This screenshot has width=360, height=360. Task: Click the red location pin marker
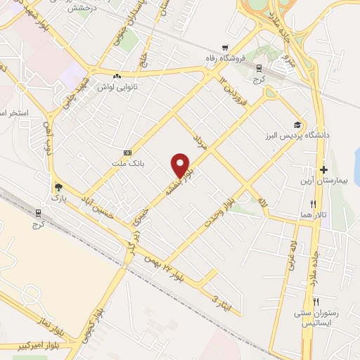[x=181, y=165]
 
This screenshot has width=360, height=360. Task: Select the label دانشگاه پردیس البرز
[x=309, y=134]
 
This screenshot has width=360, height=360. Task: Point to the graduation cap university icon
[x=299, y=122]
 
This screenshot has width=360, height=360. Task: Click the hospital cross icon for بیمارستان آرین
[x=323, y=169]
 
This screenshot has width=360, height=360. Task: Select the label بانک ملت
[x=127, y=163]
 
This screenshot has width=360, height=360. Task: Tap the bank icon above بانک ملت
[x=127, y=153]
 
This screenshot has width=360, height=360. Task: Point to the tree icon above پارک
[x=58, y=187]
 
